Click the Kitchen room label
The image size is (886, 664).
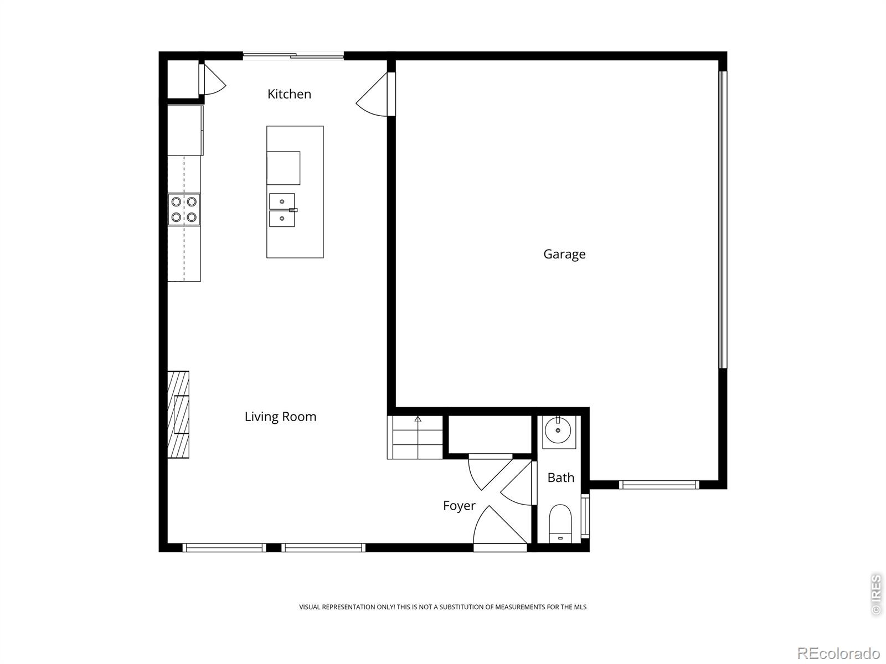[x=289, y=94]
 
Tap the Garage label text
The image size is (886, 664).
[x=564, y=254]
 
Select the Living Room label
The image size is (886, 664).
[x=280, y=417]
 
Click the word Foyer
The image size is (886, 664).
[x=459, y=506]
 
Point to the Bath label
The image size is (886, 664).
[x=560, y=478]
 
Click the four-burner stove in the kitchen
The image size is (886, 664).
[x=184, y=209]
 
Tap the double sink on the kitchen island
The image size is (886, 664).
[x=282, y=210]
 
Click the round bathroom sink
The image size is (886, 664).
[x=558, y=430]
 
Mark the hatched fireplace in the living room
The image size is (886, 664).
[x=178, y=414]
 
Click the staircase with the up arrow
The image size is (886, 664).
[x=415, y=437]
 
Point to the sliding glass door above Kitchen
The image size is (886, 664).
[x=293, y=55]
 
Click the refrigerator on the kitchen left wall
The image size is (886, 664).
[x=185, y=131]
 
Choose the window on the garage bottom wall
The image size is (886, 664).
[x=659, y=485]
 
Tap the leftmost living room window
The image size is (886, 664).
[x=224, y=548]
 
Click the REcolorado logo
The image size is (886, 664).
[x=838, y=653]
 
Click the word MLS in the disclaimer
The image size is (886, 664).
[x=580, y=607]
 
